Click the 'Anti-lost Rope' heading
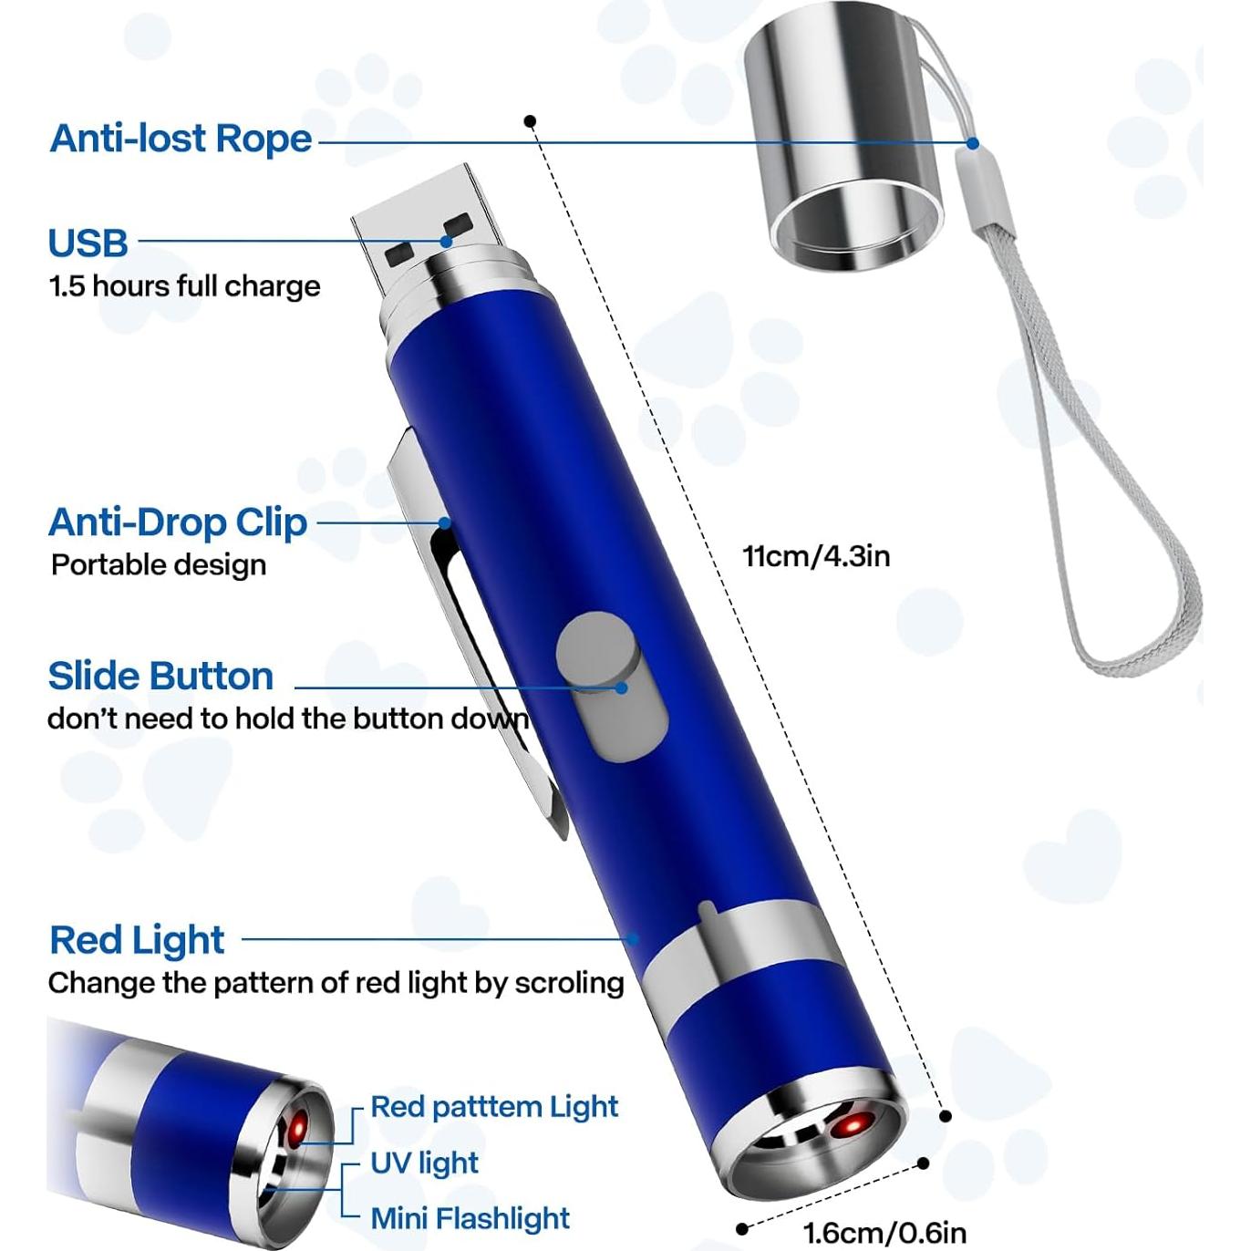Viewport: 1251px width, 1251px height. [x=181, y=139]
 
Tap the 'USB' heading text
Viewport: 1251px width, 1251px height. [x=88, y=243]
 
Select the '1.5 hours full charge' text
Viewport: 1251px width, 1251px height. [x=184, y=286]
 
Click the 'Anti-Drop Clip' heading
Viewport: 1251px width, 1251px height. [x=178, y=522]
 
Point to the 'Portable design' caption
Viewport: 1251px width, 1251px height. [x=159, y=565]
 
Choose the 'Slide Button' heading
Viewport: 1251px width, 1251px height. [x=160, y=677]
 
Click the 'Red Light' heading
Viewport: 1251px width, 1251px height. [x=137, y=940]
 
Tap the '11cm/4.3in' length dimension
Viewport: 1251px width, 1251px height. [x=816, y=555]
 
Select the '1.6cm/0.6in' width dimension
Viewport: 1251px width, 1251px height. [x=884, y=1233]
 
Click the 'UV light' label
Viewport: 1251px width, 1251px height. [x=424, y=1163]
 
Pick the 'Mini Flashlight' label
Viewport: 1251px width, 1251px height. [x=470, y=1218]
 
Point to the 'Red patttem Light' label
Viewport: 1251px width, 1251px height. [x=494, y=1107]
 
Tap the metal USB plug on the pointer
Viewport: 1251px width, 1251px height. [x=429, y=228]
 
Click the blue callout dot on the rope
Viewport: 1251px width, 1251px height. [x=973, y=143]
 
